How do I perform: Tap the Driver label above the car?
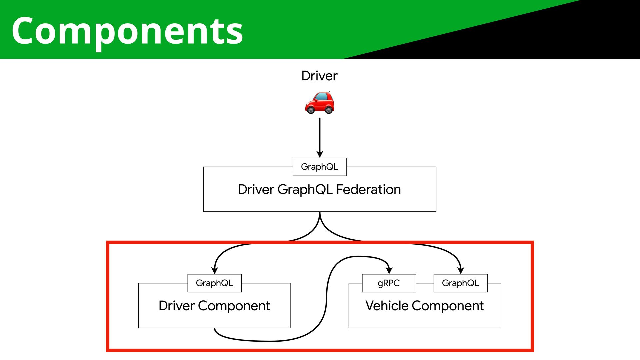(x=319, y=76)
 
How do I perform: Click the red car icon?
(x=319, y=102)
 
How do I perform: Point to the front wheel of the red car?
(x=311, y=109)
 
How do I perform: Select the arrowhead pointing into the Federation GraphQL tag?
(x=320, y=154)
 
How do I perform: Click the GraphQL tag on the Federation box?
(x=320, y=167)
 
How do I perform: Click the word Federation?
(x=368, y=189)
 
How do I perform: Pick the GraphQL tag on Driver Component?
(x=214, y=283)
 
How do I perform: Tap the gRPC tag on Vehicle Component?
(x=389, y=283)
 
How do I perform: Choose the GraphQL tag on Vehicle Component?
(x=460, y=283)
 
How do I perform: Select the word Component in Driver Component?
(x=234, y=306)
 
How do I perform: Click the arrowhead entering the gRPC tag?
(x=389, y=270)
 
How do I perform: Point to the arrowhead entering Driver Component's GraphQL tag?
(x=215, y=270)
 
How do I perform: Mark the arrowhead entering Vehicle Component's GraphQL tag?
(x=461, y=270)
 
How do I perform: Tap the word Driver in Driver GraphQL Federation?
(x=256, y=189)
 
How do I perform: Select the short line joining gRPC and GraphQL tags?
(x=425, y=283)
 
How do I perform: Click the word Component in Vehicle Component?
(x=448, y=306)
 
